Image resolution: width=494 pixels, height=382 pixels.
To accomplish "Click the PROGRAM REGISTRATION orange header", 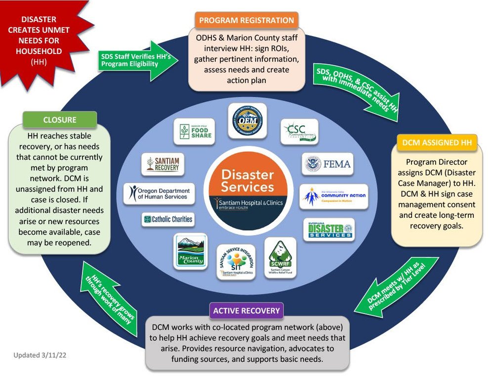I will [247, 21].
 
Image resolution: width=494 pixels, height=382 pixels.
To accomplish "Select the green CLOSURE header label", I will [59, 119].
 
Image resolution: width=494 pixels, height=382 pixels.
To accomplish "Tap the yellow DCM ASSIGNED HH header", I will [437, 143].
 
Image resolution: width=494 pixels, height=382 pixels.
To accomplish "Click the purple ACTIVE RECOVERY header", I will [246, 311].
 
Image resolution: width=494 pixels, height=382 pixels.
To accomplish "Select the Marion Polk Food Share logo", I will [194, 131].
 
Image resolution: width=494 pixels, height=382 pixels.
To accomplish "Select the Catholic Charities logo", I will [167, 219].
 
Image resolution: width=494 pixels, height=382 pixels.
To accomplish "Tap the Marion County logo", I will [191, 251].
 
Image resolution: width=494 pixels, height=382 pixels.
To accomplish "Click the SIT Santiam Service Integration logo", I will [236, 262].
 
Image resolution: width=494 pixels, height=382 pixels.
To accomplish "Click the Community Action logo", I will [334, 197].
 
